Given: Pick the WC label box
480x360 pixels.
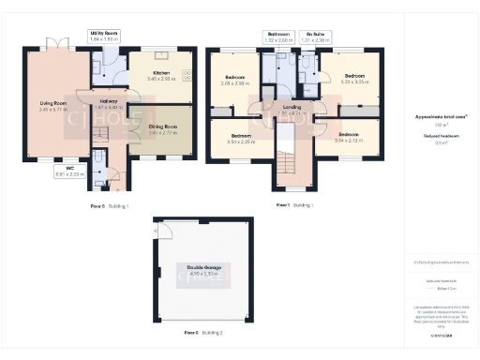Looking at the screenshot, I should click(x=69, y=172).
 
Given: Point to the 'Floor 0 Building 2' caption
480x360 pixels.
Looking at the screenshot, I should click(x=202, y=333).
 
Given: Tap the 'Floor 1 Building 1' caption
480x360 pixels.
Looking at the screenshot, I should click(x=294, y=203).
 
